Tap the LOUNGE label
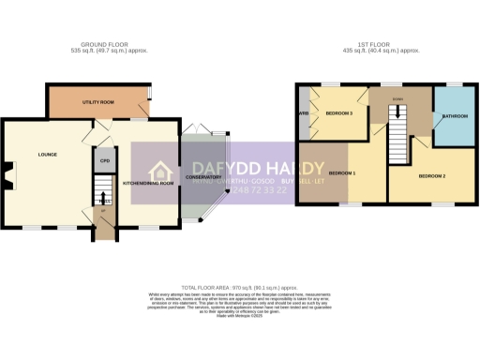click(x=48, y=153)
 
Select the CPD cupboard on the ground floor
click(x=104, y=160)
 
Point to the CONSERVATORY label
click(x=203, y=176)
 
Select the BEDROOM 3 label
click(x=338, y=113)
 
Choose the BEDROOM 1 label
click(x=342, y=174)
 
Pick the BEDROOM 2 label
click(x=432, y=176)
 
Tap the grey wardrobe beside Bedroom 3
click(x=304, y=113)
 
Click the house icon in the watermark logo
click(x=161, y=172)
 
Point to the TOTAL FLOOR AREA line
click(x=240, y=288)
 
